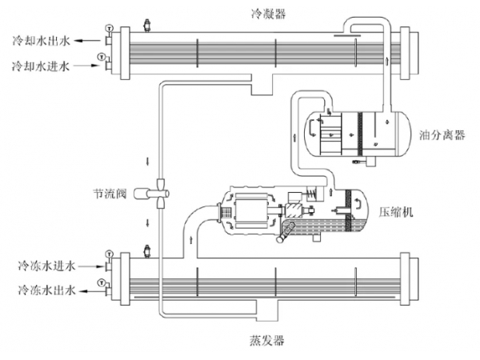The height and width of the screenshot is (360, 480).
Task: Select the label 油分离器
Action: click(442, 134)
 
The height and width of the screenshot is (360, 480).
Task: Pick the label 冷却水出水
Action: click(42, 38)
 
